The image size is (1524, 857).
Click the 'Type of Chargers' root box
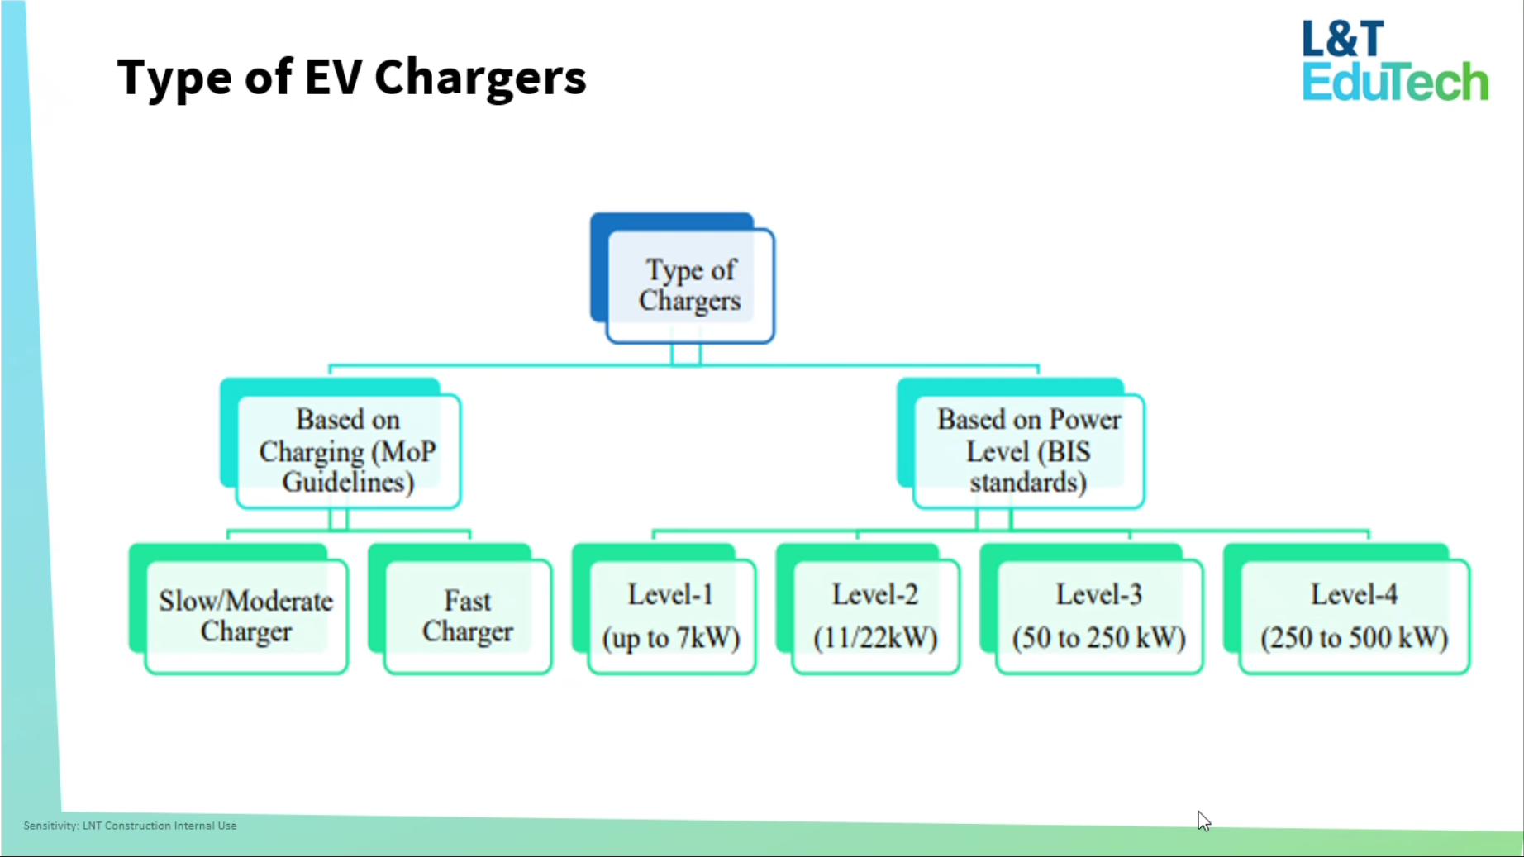[x=689, y=285]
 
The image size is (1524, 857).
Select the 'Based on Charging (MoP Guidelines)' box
[x=348, y=450]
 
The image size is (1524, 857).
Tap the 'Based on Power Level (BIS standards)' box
[x=1028, y=450]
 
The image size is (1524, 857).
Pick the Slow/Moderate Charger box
[x=245, y=616]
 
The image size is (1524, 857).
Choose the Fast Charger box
[x=468, y=616]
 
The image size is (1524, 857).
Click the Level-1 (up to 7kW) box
[x=671, y=616]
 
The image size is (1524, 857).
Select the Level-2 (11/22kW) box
[x=875, y=616]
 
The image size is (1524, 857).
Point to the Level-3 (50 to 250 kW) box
[x=1098, y=616]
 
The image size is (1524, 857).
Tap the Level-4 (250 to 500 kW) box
[x=1354, y=616]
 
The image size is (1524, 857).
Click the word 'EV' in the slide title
[x=333, y=78]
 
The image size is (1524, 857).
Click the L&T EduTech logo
[x=1394, y=61]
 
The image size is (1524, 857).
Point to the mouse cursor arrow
[x=1203, y=820]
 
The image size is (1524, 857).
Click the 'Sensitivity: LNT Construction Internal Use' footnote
[x=130, y=826]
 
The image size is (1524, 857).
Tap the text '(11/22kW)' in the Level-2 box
[x=875, y=638]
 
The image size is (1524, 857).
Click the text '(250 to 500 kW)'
[x=1354, y=638]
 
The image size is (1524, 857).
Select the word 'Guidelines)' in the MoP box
[x=348, y=482]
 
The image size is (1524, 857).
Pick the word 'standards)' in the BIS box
[x=1028, y=482]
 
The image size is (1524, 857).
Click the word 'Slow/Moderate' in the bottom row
[x=245, y=601]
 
